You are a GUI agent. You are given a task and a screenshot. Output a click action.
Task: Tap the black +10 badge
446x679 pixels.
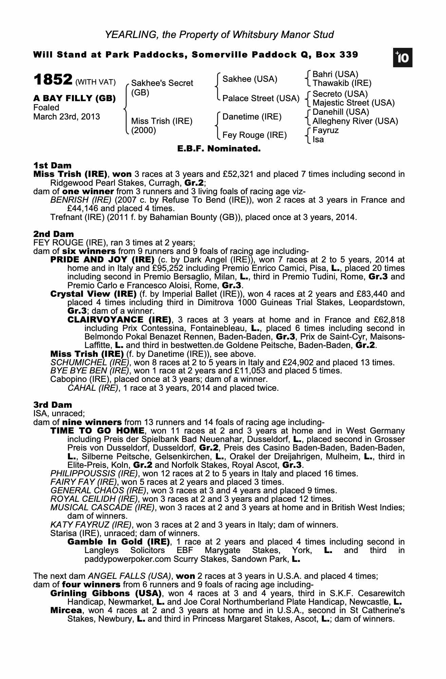coord(403,58)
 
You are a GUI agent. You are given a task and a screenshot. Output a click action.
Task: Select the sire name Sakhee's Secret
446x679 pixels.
coord(162,83)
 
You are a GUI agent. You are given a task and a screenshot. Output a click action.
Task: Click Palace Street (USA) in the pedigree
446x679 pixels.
coord(261,98)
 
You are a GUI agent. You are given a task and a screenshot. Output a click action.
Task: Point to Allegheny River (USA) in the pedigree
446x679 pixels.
coord(355,121)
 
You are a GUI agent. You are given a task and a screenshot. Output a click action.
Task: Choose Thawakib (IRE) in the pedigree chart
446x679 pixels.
coord(342,83)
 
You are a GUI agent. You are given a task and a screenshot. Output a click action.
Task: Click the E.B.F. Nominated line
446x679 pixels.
coord(219,149)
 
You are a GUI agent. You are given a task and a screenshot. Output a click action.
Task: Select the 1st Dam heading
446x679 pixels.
coord(52,166)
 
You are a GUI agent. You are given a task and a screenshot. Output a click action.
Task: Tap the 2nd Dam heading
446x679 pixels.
coord(53,234)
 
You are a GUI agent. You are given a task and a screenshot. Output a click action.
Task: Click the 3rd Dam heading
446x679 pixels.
coord(53,405)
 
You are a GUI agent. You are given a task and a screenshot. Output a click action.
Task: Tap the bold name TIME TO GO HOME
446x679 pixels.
coord(97,431)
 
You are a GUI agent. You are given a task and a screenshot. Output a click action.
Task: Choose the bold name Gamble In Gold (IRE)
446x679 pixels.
coord(118,542)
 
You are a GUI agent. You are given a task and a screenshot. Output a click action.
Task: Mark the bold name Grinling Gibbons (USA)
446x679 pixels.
coord(106,593)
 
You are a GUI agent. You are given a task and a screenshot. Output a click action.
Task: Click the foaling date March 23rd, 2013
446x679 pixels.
coord(67,117)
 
